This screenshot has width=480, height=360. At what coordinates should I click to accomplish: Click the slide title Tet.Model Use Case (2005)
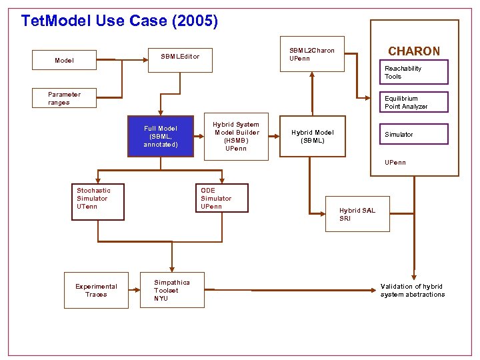119,21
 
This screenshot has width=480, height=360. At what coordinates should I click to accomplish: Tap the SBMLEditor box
180,57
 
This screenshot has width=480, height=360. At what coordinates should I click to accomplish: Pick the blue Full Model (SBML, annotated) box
161,137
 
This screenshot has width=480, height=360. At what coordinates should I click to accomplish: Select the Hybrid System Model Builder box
235,137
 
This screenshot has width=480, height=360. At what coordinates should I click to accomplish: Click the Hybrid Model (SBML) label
312,137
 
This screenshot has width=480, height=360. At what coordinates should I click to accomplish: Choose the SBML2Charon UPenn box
312,54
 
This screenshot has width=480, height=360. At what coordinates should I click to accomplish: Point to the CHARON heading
414,51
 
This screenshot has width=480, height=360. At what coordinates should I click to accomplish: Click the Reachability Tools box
414,72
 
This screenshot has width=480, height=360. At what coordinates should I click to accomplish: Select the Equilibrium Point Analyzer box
414,102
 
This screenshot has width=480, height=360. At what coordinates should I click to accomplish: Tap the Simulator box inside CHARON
414,135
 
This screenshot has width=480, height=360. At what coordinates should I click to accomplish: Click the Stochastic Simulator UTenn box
98,202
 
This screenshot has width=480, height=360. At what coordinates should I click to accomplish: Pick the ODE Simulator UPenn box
221,199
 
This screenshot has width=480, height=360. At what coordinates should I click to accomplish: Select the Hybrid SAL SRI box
357,214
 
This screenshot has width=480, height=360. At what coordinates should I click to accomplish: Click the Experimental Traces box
96,291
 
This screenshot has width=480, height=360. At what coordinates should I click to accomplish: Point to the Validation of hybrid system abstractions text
413,291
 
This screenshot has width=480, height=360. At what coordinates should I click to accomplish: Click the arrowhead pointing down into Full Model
160,114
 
